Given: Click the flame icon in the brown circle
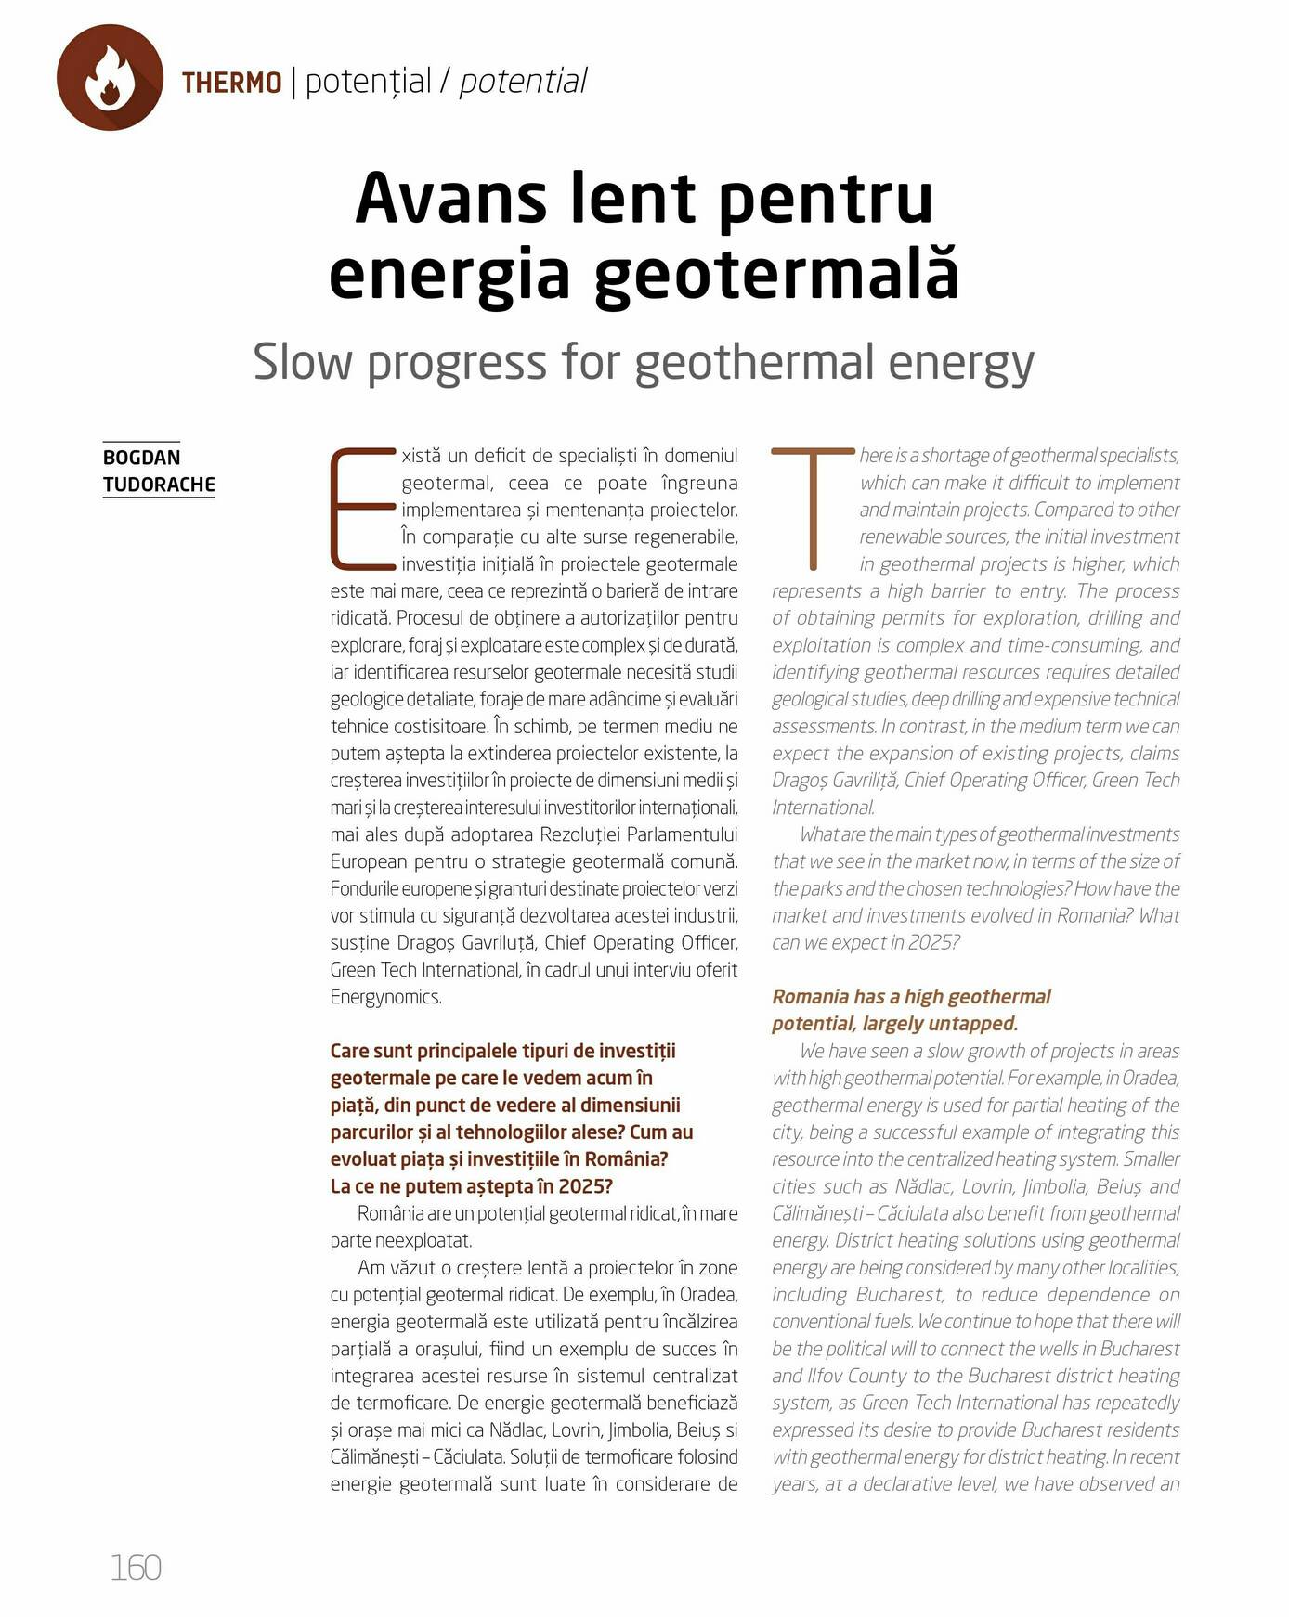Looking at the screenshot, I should click(110, 78).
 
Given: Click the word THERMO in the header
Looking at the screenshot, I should click(231, 83).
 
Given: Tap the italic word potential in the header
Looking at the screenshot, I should click(523, 82).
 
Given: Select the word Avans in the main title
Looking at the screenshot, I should click(448, 198).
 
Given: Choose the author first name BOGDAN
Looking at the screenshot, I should click(141, 458).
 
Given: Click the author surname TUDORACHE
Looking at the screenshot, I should click(159, 485).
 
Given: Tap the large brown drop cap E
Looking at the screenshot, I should click(363, 509).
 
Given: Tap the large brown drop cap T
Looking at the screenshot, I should click(813, 508).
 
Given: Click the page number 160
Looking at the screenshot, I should click(136, 1567).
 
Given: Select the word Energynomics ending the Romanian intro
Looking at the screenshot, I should click(384, 997).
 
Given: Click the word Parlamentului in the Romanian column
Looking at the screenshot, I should click(683, 834).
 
